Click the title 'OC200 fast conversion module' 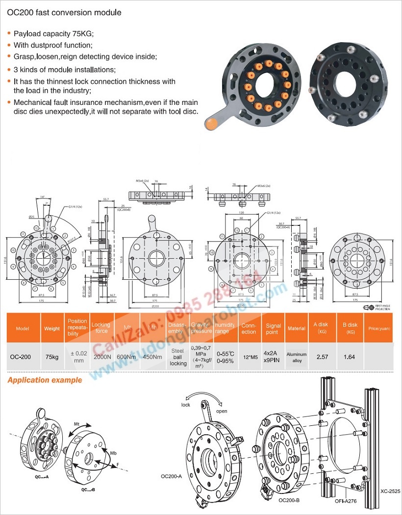[64, 13]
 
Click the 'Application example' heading [45, 380]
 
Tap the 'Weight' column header [52, 329]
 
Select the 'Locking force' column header [101, 328]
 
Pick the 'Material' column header [296, 329]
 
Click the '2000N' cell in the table [101, 357]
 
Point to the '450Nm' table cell [152, 357]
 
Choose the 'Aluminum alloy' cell [296, 357]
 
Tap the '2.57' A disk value [322, 357]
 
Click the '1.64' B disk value [349, 357]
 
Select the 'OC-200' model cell [21, 357]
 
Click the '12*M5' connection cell [249, 357]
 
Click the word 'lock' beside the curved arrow [186, 405]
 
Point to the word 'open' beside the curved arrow [222, 412]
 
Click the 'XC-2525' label [390, 490]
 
